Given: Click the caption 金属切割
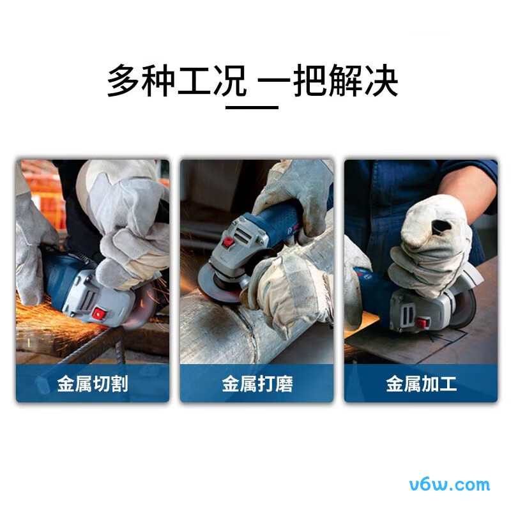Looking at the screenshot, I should coord(93,384).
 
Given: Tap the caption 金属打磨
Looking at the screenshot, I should coord(257,384).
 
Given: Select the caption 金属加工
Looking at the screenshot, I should coord(421,384).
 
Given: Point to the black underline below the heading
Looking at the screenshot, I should coord(252,107).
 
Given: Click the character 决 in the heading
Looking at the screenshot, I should coord(383,80).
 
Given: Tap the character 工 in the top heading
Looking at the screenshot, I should coord(192,80).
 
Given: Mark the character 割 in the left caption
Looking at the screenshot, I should coord(119,384).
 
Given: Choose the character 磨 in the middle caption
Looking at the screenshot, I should coord(284,384).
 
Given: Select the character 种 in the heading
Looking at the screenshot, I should coord(157,80).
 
